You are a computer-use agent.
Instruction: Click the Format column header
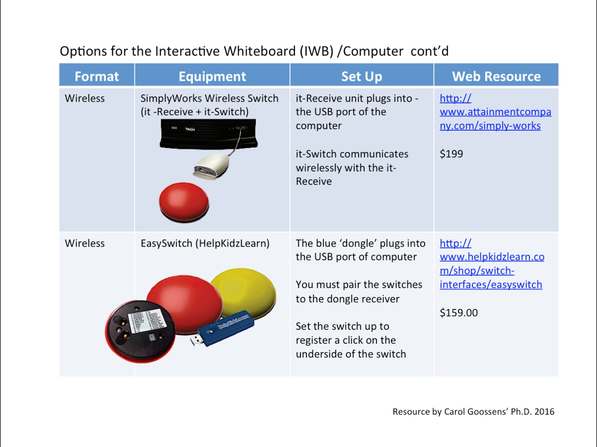click(x=97, y=76)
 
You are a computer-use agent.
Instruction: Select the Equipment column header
click(x=212, y=76)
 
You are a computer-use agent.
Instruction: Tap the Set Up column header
click(x=362, y=76)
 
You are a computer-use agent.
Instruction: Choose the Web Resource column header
click(x=496, y=76)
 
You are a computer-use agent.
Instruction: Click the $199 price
click(x=451, y=154)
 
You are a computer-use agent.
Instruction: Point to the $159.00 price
click(x=459, y=313)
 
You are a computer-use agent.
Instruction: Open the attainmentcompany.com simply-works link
click(x=495, y=112)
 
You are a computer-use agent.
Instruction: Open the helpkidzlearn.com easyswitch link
click(x=491, y=264)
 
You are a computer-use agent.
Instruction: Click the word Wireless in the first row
click(x=85, y=99)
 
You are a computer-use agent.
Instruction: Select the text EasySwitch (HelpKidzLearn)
click(x=205, y=243)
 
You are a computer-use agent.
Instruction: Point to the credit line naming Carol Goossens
click(x=473, y=412)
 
